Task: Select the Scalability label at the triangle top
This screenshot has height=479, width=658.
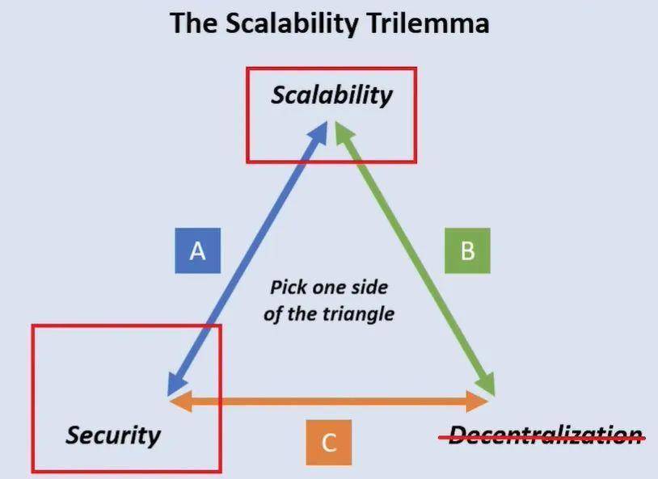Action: pos(331,95)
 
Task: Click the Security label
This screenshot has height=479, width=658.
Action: pos(113,435)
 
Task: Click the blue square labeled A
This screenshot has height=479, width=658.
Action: pos(197,250)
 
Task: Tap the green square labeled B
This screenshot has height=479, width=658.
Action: pos(467,250)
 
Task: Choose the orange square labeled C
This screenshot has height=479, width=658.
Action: pos(328,443)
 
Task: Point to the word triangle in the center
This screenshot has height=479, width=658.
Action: pos(356,313)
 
